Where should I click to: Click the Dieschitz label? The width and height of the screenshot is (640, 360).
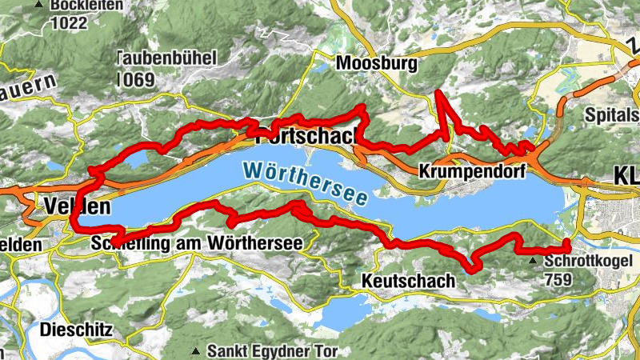click(x=78, y=329)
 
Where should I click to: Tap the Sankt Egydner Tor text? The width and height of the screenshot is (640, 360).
click(x=273, y=350)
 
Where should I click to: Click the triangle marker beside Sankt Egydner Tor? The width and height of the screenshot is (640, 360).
click(x=196, y=350)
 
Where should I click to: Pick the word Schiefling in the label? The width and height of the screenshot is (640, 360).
click(x=132, y=242)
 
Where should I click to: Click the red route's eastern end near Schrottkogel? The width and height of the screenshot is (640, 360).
click(x=567, y=243)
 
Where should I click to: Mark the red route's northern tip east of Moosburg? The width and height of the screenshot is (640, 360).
click(x=438, y=94)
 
